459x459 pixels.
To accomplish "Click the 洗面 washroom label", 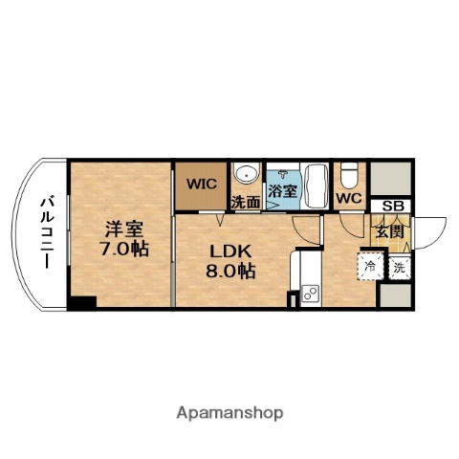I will pos(245,203).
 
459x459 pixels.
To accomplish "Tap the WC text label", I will pos(348,199).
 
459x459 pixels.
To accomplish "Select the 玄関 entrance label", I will pos(388,230).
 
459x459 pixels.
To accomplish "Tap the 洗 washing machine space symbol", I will pos(400,269).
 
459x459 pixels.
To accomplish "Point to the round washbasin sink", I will pos(247,175).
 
